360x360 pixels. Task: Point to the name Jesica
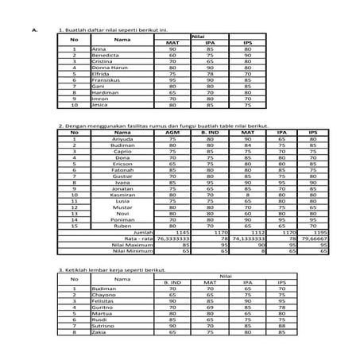coord(99,104)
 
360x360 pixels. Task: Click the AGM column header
coord(172,132)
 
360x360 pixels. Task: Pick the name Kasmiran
coord(124,194)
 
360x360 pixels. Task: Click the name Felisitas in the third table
coord(104,301)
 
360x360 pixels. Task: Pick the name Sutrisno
coord(103,326)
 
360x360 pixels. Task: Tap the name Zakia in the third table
coord(99,332)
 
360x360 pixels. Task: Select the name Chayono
coord(104,295)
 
